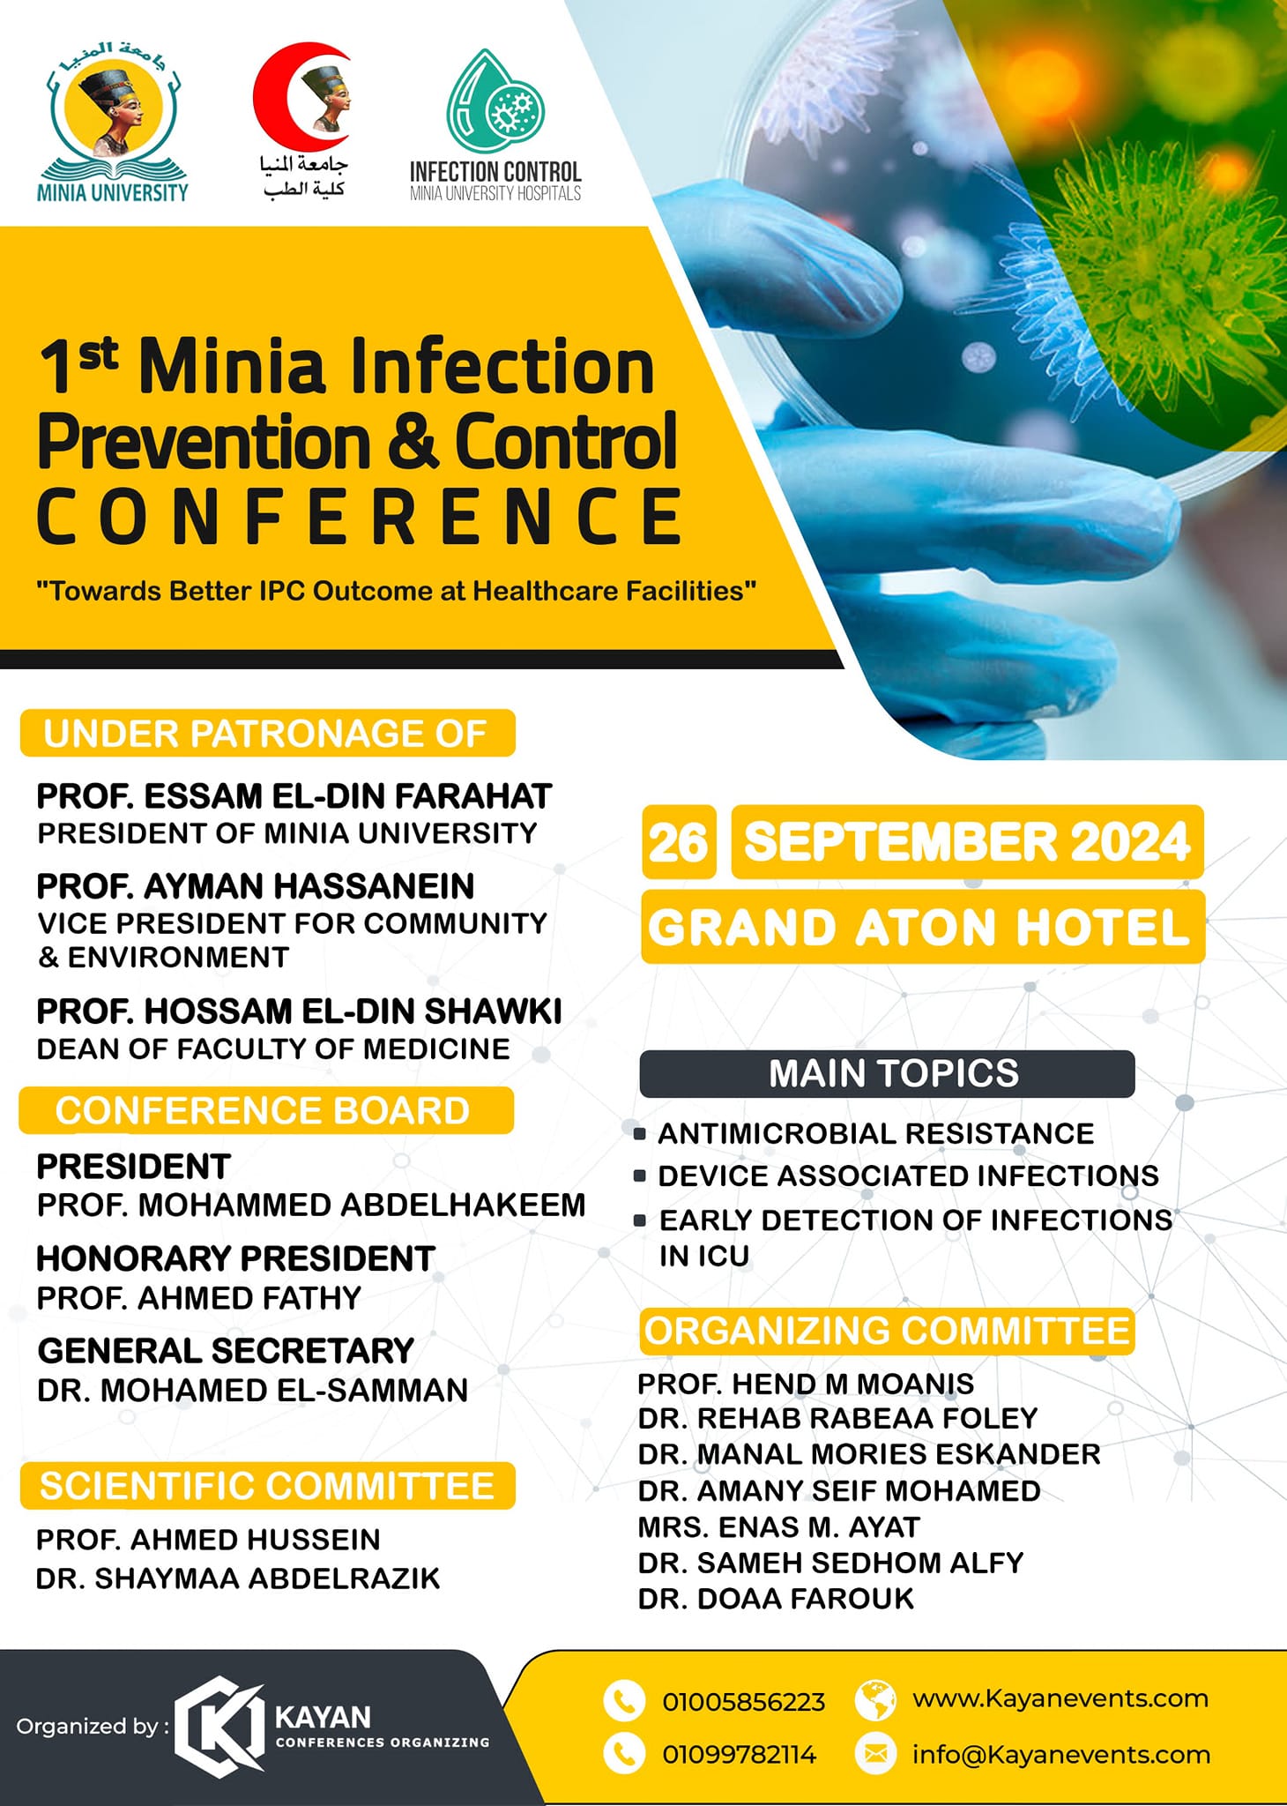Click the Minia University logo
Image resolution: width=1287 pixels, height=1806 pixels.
[113, 121]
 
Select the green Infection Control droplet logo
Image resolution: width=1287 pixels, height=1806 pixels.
[495, 102]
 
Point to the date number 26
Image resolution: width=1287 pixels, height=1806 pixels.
[679, 842]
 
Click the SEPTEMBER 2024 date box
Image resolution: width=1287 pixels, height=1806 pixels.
[967, 842]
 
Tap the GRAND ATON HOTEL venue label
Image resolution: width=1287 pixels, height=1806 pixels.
[922, 927]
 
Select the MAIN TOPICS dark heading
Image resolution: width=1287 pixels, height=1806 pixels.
[887, 1074]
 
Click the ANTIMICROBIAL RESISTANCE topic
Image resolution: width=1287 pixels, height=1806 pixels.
[876, 1133]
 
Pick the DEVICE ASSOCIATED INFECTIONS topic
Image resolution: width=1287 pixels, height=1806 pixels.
[909, 1175]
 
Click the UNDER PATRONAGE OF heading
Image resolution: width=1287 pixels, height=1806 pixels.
[267, 734]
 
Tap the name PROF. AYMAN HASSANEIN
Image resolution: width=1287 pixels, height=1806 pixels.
[256, 886]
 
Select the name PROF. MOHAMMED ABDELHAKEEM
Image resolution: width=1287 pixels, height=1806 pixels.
[311, 1205]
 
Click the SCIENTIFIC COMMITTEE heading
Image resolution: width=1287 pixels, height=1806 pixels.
[267, 1487]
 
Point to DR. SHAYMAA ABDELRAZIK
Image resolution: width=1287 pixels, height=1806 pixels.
[238, 1578]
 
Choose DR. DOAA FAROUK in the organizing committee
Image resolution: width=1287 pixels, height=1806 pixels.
[777, 1599]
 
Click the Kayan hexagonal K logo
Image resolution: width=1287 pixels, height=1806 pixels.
[219, 1727]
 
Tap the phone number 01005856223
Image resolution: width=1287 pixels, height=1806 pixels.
[744, 1702]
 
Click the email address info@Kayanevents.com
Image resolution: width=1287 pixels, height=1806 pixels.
[1061, 1755]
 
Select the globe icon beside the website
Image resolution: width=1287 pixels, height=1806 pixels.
[875, 1701]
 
